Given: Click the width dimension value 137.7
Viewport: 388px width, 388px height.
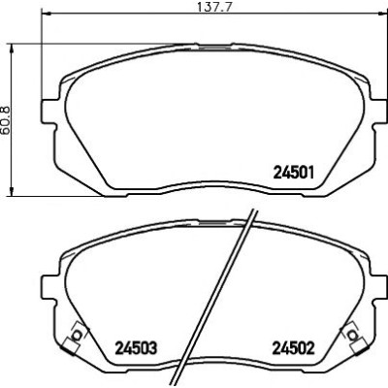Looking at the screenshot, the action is pyautogui.click(x=216, y=7).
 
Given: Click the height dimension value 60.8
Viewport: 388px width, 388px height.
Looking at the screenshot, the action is pyautogui.click(x=7, y=118).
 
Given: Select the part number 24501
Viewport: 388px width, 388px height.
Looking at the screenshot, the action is pyautogui.click(x=294, y=173).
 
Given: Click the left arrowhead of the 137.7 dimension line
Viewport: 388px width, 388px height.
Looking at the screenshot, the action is pyautogui.click(x=47, y=14).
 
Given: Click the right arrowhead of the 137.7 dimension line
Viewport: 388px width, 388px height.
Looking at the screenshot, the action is pyautogui.click(x=382, y=14).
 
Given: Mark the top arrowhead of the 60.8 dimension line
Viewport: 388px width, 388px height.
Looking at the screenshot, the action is pyautogui.click(x=12, y=49).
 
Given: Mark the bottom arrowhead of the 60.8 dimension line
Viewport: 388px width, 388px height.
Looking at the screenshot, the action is pyautogui.click(x=12, y=190).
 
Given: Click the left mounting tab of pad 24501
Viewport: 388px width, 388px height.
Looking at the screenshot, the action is pyautogui.click(x=48, y=112).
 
